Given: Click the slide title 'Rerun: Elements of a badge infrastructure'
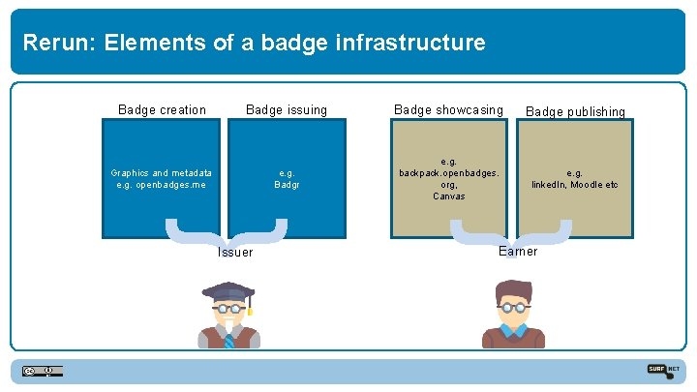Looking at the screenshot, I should point(254,43).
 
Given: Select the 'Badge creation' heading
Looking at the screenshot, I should point(162,110).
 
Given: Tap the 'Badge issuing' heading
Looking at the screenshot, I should point(287,110).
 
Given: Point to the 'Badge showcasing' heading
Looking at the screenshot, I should point(448,110).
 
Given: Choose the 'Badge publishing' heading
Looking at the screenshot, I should point(575,112).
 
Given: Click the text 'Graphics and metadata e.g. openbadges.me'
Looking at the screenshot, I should point(162,178).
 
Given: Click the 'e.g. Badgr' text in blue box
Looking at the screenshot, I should point(287,178).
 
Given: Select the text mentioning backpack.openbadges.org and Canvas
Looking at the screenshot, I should point(448,179).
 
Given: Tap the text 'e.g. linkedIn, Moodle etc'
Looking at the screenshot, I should point(575,179).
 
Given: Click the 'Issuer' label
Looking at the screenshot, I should point(235,253).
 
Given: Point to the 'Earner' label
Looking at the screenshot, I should point(517,252).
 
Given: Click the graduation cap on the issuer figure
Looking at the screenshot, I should point(227,291).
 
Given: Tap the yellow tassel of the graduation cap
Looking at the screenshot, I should point(250,308).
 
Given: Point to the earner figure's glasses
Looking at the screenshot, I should point(514,307).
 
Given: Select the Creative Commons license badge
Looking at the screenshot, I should point(43,371).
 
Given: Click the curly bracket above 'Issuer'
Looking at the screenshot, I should point(226,232).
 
